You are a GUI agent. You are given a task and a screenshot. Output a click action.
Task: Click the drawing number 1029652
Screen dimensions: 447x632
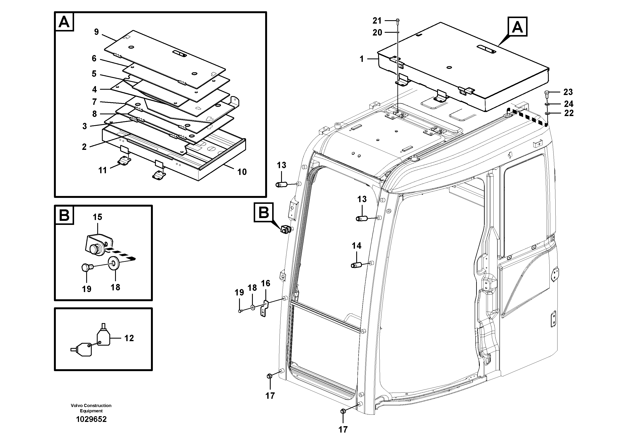[x=91, y=419]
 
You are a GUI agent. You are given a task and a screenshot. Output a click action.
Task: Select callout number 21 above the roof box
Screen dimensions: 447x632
[x=377, y=20]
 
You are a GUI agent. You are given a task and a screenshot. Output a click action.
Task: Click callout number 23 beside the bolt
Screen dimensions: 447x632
[x=568, y=92]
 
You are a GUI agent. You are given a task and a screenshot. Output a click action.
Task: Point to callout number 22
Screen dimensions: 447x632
[x=569, y=113]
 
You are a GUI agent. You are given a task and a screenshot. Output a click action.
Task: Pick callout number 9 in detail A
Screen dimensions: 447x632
[x=96, y=32]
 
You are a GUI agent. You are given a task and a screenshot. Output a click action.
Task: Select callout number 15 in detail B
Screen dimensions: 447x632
[x=97, y=217]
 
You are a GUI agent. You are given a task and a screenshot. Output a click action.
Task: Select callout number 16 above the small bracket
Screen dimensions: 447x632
[x=266, y=283]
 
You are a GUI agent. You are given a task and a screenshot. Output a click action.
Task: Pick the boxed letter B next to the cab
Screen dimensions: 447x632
[x=264, y=213]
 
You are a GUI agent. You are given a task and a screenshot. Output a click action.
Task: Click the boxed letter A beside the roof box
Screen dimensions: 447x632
[x=517, y=27]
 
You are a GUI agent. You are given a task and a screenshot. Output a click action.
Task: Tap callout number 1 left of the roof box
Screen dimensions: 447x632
[x=362, y=59]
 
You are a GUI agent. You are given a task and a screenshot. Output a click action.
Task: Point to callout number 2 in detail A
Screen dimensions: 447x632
[x=84, y=147]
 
